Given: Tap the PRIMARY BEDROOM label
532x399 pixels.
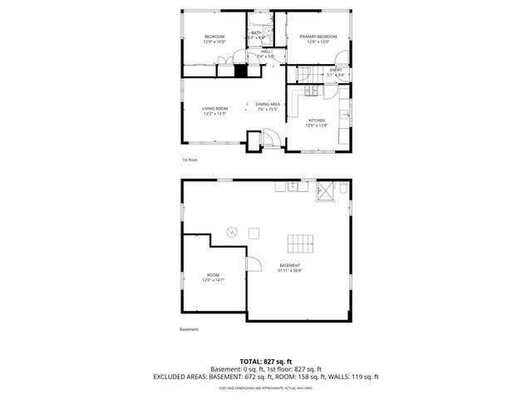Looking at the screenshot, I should click(318, 39).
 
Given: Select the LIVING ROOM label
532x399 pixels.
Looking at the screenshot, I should click(214, 111).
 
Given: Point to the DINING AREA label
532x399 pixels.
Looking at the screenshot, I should click(268, 106).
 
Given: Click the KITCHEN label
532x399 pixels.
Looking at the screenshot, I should click(317, 123).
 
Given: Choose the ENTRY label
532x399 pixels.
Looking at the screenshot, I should click(336, 71).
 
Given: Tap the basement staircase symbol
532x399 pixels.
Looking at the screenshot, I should click(301, 244).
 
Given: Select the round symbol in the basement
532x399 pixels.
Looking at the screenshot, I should click(234, 230).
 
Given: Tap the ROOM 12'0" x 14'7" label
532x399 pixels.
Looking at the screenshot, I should click(212, 278).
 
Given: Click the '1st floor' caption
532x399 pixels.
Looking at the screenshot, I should click(190, 160).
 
